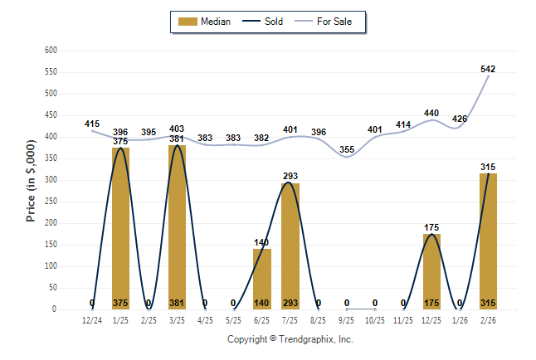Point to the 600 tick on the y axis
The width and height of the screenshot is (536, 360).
tap(51, 51)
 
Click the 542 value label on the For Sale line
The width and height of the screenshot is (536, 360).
tap(488, 69)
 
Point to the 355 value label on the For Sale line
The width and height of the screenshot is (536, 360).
tap(347, 149)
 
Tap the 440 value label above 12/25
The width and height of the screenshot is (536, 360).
tap(431, 113)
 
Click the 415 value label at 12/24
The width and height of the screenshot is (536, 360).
tap(92, 124)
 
